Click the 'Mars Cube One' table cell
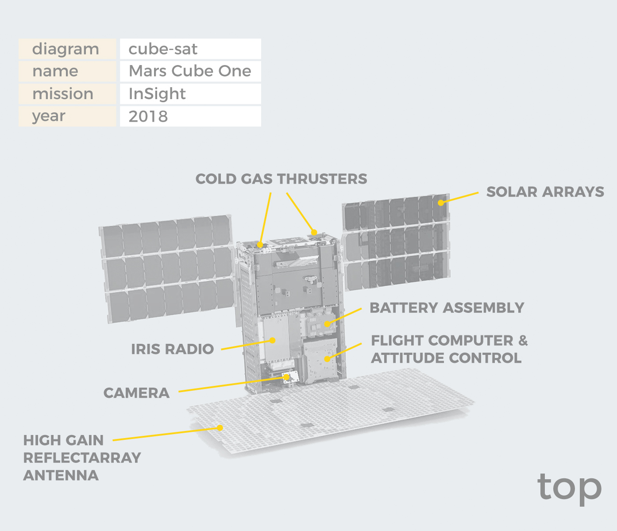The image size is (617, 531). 190,71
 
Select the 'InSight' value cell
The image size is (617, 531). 190,94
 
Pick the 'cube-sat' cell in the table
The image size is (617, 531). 190,49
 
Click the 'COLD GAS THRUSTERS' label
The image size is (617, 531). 281,179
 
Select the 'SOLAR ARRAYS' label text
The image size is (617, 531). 545,192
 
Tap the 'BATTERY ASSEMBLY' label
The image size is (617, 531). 447,308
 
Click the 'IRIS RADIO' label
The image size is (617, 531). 173,349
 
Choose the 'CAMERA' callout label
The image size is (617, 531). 136,393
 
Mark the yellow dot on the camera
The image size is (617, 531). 286,377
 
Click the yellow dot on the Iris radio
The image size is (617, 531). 272,340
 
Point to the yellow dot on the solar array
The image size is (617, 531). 440,203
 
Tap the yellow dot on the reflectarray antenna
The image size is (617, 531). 220,428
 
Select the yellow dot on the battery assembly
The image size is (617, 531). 327,324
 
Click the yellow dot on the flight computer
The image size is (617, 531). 327,359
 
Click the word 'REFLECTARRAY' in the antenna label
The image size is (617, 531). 82,458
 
